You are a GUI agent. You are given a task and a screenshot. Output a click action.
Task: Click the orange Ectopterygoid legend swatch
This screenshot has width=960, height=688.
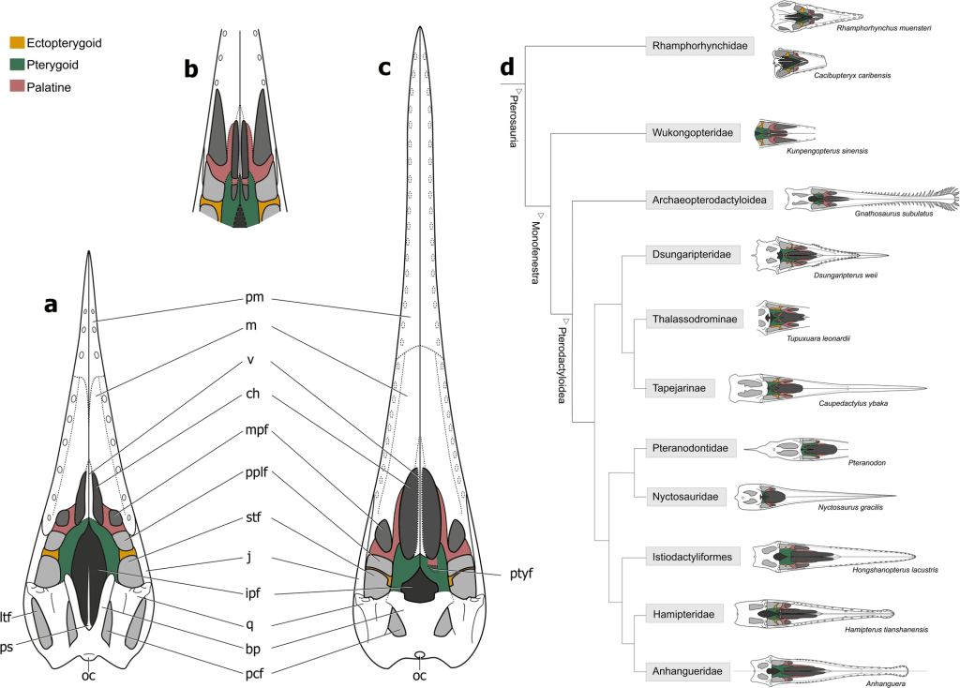[17, 42]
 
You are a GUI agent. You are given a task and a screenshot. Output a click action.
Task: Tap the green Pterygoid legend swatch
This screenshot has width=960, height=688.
[17, 65]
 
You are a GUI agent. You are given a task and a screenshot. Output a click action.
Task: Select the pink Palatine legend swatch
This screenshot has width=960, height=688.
[17, 87]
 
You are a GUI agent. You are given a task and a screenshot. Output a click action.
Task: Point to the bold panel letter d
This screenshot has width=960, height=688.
[507, 68]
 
